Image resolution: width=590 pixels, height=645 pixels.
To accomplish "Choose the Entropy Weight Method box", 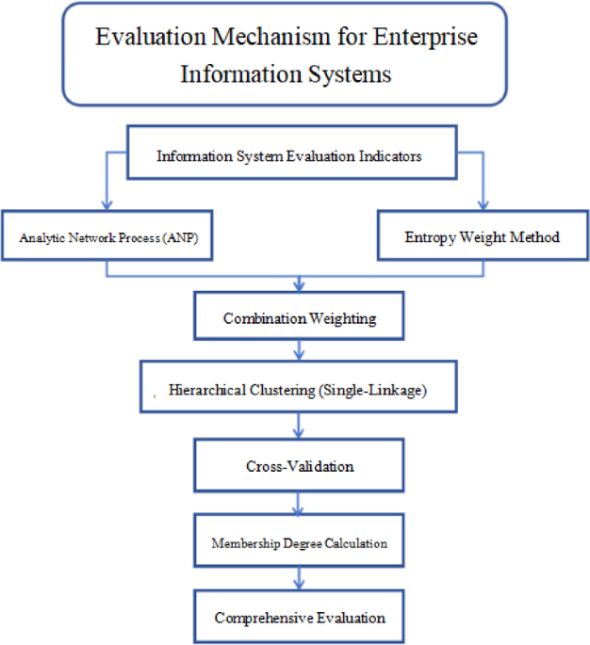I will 483,236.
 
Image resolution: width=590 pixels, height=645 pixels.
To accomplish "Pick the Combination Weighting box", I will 300,318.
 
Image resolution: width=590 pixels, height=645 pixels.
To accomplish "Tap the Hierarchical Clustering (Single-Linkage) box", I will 298,389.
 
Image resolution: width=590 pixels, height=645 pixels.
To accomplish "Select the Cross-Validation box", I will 300,466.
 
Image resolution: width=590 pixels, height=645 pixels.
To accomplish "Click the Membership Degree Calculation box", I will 300,543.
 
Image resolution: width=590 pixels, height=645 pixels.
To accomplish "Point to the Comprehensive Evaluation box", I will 300,618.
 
